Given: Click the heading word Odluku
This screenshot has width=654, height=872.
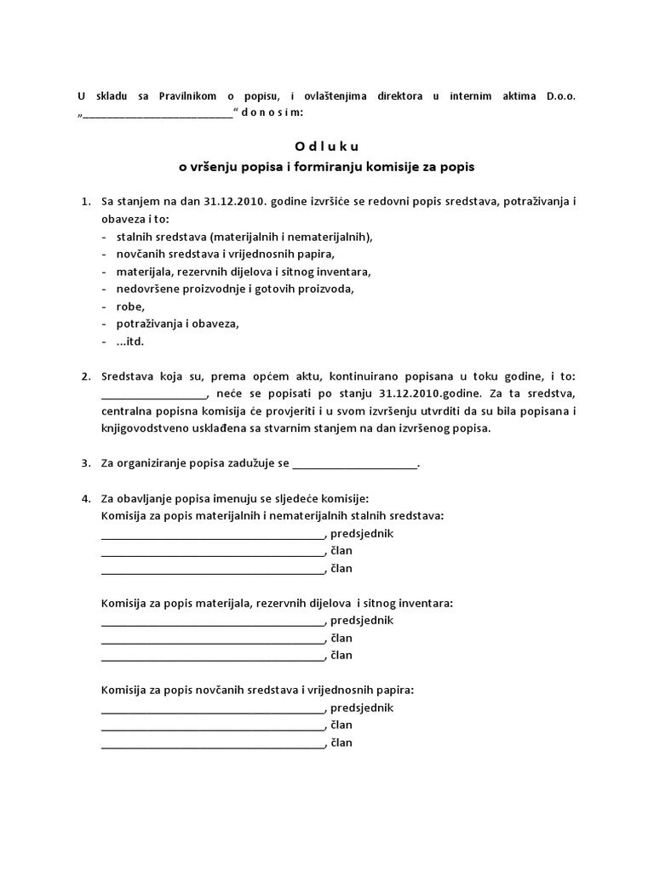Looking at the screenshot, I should point(327,146).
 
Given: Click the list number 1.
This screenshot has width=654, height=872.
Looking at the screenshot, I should point(84,202).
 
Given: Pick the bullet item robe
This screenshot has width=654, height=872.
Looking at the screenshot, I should point(131,307).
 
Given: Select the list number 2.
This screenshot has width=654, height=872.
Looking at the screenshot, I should point(84,376).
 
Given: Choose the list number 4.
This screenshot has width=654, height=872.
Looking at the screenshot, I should point(84,498).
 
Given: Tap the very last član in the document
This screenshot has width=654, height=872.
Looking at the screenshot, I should point(341,743).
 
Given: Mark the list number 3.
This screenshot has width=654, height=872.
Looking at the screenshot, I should point(84,463).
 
